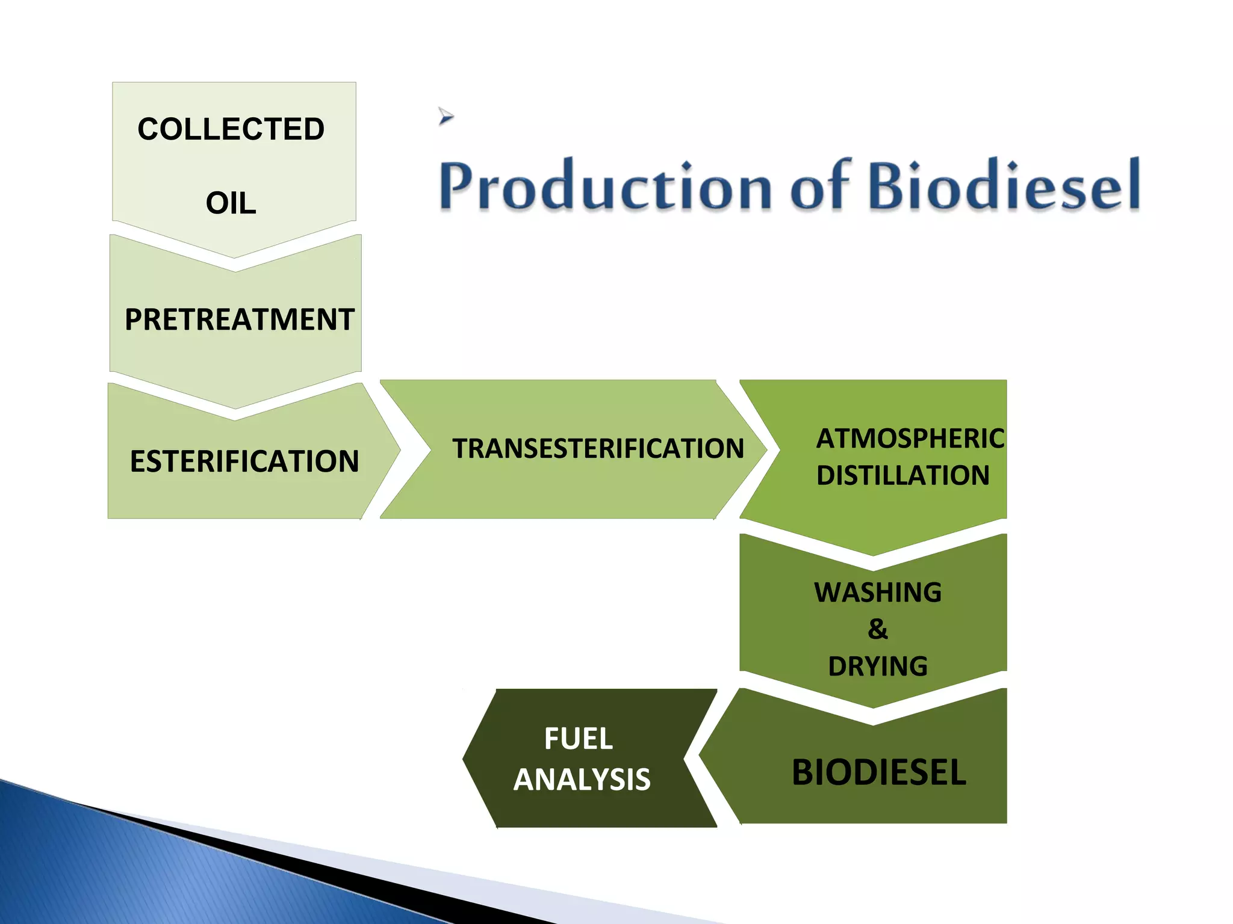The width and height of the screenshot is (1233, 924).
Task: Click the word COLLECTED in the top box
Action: pos(231,129)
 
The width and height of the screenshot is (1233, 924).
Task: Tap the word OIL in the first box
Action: pos(231,203)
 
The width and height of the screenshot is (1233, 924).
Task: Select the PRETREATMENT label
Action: pos(239,319)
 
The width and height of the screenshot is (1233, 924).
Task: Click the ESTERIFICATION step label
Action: pos(244,461)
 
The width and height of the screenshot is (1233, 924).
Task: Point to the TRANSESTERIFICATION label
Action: pos(598,449)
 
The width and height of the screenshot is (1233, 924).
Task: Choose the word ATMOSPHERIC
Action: pos(910,439)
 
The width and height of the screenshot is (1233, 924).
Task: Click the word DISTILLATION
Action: pos(902,475)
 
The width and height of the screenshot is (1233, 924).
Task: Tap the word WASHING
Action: pos(878,593)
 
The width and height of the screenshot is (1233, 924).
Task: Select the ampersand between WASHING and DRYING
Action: pos(878,629)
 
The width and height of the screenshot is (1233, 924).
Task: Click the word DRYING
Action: pos(878,667)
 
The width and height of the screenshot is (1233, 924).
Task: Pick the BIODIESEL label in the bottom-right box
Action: pos(878,772)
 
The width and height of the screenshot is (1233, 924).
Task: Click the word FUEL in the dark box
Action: pos(579,739)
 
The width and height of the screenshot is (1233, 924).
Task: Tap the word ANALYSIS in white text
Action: pos(582,780)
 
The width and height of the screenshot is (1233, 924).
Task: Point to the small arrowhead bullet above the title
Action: pos(446,115)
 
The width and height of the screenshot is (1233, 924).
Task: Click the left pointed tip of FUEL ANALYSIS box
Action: pos(464,759)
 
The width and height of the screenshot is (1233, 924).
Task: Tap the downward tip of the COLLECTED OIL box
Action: pos(234,256)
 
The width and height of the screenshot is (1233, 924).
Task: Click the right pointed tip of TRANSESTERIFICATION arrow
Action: pos(765,449)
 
